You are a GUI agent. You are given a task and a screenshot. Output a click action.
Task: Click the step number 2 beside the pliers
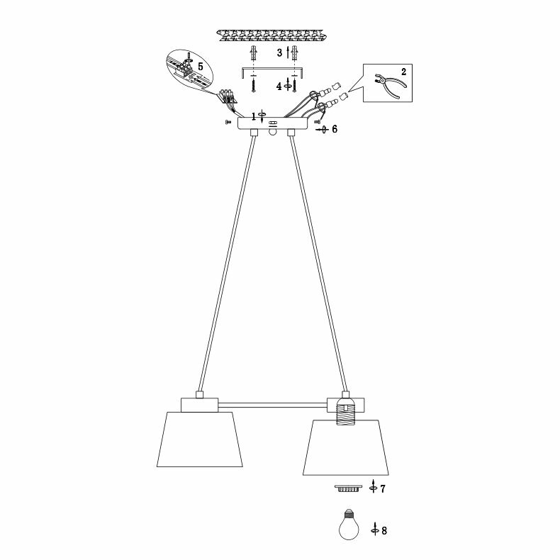coord(403,72)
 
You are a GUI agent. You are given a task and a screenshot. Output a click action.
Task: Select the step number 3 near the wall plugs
coord(279,53)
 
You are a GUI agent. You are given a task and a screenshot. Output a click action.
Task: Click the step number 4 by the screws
coord(279,86)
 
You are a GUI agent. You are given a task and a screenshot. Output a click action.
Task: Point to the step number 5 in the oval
coord(201,66)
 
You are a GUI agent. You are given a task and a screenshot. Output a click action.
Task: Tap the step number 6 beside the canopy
coord(335,129)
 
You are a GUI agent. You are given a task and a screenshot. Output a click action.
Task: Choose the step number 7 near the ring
coord(383,489)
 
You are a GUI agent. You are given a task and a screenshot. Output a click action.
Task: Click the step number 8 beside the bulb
coord(384,530)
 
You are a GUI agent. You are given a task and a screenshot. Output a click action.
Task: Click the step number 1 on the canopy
coord(254,116)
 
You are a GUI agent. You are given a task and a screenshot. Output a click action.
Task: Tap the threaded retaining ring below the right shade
coord(347,489)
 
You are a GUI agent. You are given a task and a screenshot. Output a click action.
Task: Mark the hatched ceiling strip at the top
coord(273,34)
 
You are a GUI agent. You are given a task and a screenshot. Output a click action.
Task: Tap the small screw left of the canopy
coord(227,123)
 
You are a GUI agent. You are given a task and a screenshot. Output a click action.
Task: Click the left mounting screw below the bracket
coord(252,86)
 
